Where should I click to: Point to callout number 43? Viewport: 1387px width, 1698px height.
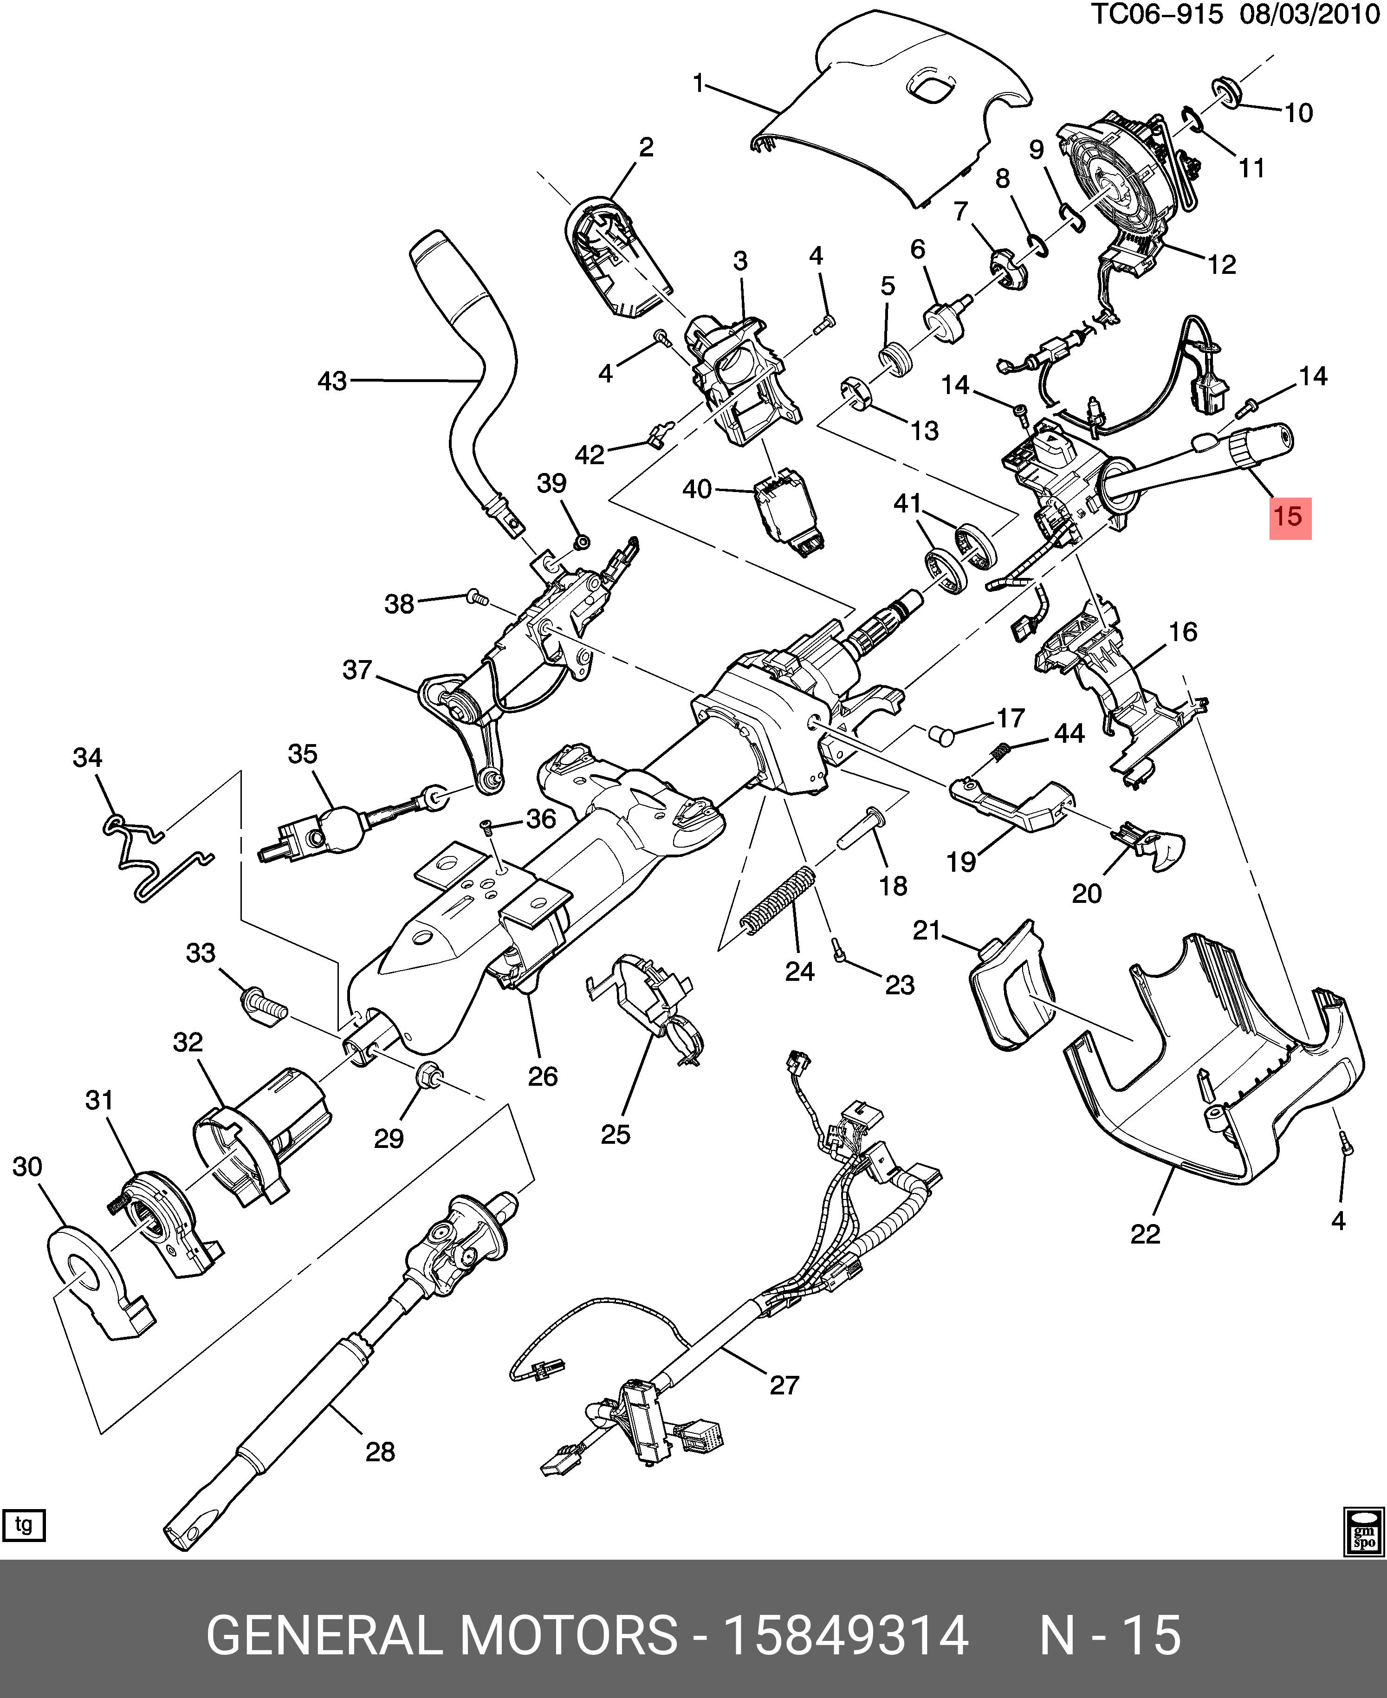[332, 381]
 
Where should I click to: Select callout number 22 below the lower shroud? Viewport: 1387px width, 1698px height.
[1144, 1235]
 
